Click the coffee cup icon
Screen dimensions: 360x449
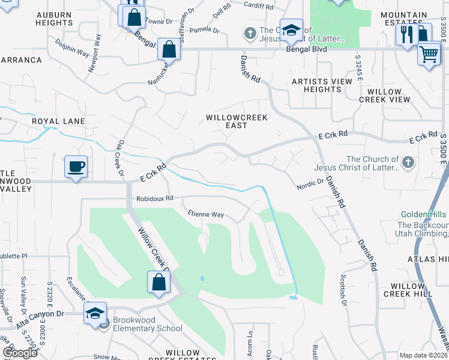(76, 166)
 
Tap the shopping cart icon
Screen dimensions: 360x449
(429, 55)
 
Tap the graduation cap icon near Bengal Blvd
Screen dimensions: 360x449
(291, 31)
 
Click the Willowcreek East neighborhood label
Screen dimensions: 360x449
(226, 121)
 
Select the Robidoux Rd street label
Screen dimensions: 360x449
(154, 197)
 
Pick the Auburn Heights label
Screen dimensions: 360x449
(53, 18)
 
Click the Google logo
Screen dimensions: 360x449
(20, 353)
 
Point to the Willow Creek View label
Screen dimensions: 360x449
(384, 95)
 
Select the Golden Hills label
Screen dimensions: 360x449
(424, 215)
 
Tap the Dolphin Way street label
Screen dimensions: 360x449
(72, 47)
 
